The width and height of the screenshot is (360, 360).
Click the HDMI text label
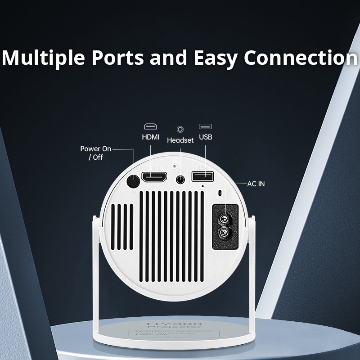[x=151, y=137]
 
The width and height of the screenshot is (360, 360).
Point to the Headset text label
[x=180, y=140]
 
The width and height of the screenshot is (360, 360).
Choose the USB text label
[x=205, y=137]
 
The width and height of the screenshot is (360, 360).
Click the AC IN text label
[x=256, y=184]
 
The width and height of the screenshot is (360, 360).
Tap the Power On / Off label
[x=95, y=153]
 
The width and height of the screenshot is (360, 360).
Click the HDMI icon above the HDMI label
[x=151, y=127]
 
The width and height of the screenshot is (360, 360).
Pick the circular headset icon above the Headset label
[x=180, y=129]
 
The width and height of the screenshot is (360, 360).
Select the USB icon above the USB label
[x=205, y=126]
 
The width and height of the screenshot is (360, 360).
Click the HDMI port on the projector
[x=154, y=177]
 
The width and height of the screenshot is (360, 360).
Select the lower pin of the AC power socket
[x=223, y=234]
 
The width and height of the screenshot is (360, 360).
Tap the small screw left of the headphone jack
[x=173, y=166]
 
